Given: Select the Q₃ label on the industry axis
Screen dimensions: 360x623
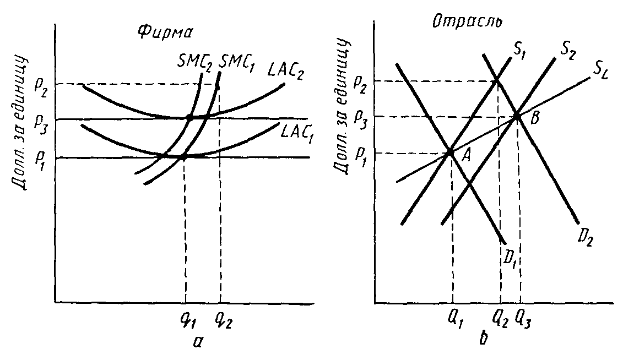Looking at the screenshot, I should tap(523, 318).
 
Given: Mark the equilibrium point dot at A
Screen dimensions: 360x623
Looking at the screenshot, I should tap(451, 151).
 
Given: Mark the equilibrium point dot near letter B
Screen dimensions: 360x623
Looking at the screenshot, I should tap(517, 116).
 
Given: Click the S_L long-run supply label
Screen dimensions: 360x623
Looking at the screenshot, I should tap(601, 72).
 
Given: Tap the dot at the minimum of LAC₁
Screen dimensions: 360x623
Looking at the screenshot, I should tap(183, 157).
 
